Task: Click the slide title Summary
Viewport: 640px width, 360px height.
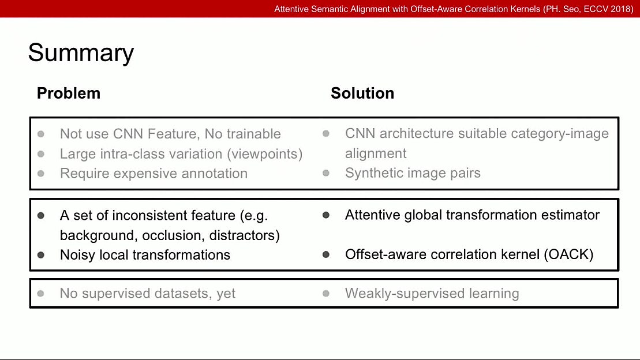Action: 81,53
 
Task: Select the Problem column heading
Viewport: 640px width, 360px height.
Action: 68,93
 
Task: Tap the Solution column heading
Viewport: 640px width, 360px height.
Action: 362,93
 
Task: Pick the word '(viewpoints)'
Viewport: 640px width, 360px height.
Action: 265,154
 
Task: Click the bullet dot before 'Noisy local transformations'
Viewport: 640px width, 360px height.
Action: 41,255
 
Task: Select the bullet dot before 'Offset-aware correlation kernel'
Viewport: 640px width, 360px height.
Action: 326,254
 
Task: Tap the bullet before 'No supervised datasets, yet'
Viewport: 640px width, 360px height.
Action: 41,294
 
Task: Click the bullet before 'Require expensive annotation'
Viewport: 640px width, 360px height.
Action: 41,173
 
